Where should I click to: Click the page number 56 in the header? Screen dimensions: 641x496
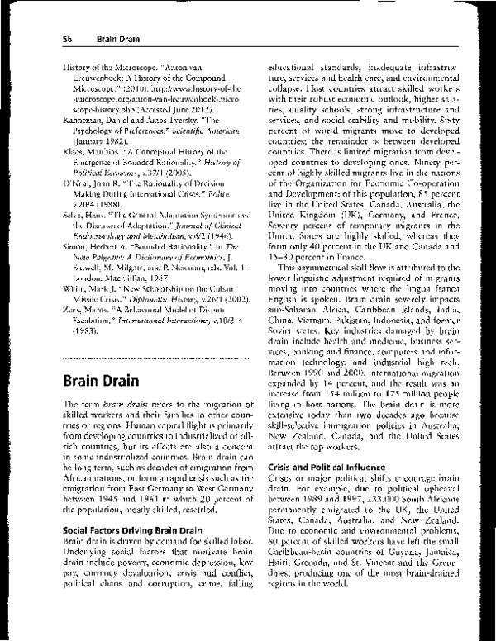68,38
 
